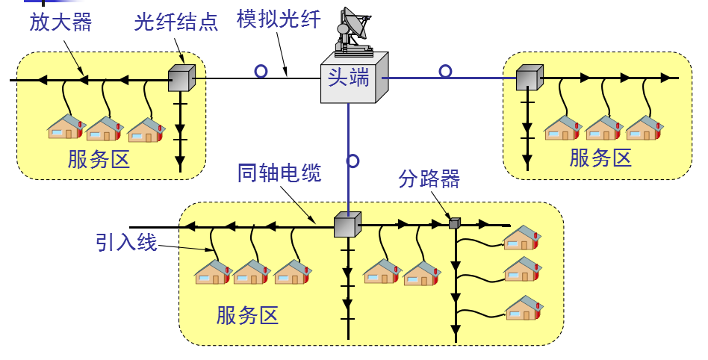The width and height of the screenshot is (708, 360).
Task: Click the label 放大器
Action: click(x=60, y=22)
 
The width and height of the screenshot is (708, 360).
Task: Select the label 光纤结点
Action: click(x=176, y=22)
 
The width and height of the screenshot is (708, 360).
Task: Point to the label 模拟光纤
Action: click(x=279, y=19)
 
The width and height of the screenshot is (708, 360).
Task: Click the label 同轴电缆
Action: click(x=279, y=174)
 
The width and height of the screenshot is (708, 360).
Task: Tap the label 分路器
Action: click(x=429, y=179)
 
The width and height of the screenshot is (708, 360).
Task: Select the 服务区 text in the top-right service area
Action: click(x=600, y=158)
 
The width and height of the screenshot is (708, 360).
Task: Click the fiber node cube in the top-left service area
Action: click(x=181, y=78)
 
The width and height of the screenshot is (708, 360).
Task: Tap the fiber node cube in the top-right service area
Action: click(x=529, y=77)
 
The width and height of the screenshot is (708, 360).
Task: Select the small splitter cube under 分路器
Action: click(x=454, y=223)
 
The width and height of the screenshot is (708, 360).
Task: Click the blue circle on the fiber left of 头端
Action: click(x=261, y=72)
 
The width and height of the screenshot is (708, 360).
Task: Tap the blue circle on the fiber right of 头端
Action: click(x=445, y=71)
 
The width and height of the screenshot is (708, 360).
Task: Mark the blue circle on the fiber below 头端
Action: click(x=353, y=161)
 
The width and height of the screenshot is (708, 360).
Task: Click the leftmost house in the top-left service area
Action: click(x=66, y=128)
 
